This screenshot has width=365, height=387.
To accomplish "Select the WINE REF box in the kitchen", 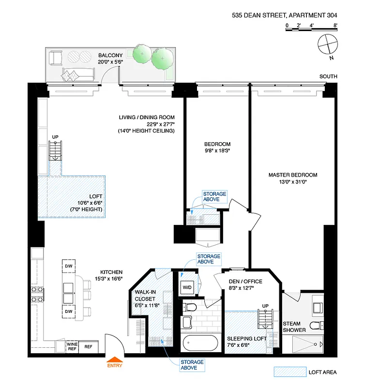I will pos(72,346).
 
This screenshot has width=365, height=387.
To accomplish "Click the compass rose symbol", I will pos(327,45).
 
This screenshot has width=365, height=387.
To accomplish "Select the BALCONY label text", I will pos(110,55).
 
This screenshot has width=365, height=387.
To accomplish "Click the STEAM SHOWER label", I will pos(295,327).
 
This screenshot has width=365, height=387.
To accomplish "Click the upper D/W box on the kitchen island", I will pos(68,266).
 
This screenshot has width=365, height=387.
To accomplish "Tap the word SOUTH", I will pos(329,76).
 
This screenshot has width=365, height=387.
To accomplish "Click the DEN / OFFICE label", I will pos(245,282).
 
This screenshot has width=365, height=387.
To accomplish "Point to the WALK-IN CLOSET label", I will pos(146,298).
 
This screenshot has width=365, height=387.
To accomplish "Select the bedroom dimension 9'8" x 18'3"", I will pos(217,150).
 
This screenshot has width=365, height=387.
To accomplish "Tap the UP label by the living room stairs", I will pos(55,138).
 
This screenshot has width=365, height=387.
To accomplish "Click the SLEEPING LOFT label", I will pos(247,338).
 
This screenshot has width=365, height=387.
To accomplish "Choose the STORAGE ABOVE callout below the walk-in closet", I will pos(192,365).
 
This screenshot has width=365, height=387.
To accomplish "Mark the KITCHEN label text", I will pos(111,272).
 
